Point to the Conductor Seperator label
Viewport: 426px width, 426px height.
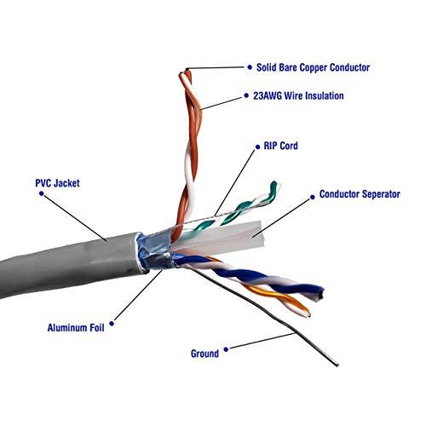[359, 195]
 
